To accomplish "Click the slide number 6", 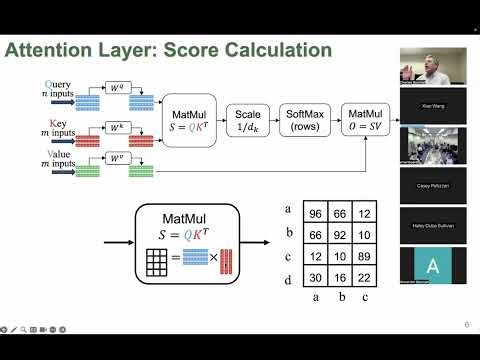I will click(x=466, y=324).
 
